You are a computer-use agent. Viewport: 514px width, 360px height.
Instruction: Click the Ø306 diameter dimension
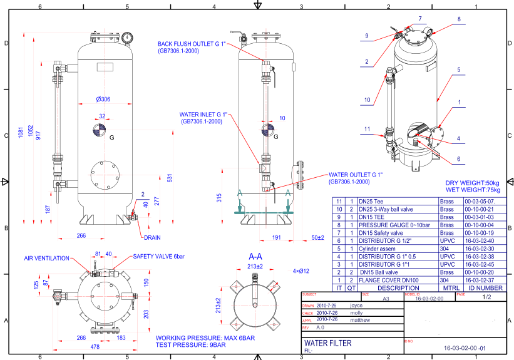coord(103,100)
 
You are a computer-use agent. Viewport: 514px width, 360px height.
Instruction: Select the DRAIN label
coord(152,238)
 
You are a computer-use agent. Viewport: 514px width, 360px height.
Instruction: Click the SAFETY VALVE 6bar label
coord(159,257)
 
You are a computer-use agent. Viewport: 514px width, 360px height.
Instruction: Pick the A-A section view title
coord(255,257)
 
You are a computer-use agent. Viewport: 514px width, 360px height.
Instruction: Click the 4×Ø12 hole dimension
coord(301,270)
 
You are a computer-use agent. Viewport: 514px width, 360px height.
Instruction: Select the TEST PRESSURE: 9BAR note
coord(200,345)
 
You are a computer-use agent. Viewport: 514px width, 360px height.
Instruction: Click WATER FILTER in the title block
coord(328,343)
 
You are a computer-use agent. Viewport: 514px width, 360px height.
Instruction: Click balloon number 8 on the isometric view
coord(459,19)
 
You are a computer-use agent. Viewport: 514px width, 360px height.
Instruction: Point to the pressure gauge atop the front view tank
coord(128,37)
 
